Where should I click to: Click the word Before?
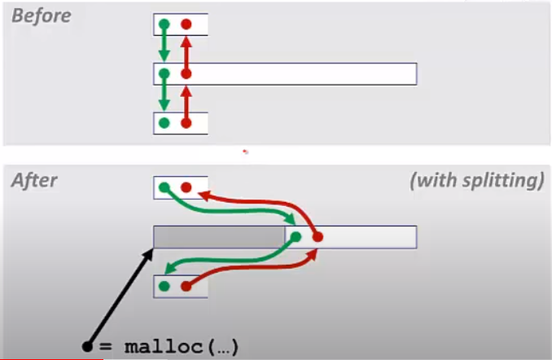tap(41, 15)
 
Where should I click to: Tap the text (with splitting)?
tap(476, 180)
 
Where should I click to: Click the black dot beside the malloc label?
tap(87, 346)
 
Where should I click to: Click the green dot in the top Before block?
tap(164, 24)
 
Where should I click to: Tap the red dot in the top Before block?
tap(186, 24)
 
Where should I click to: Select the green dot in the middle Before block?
tap(164, 74)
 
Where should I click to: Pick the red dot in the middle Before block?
tap(186, 74)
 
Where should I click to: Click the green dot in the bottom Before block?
tap(164, 123)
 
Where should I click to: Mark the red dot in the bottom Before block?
tap(186, 123)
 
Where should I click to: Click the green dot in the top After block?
tap(164, 187)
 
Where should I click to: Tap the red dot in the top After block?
tap(186, 187)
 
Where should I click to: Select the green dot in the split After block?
tap(296, 237)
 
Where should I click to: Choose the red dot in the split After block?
tap(318, 237)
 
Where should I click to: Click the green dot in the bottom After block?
tap(164, 286)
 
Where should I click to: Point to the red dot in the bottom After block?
tap(186, 286)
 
